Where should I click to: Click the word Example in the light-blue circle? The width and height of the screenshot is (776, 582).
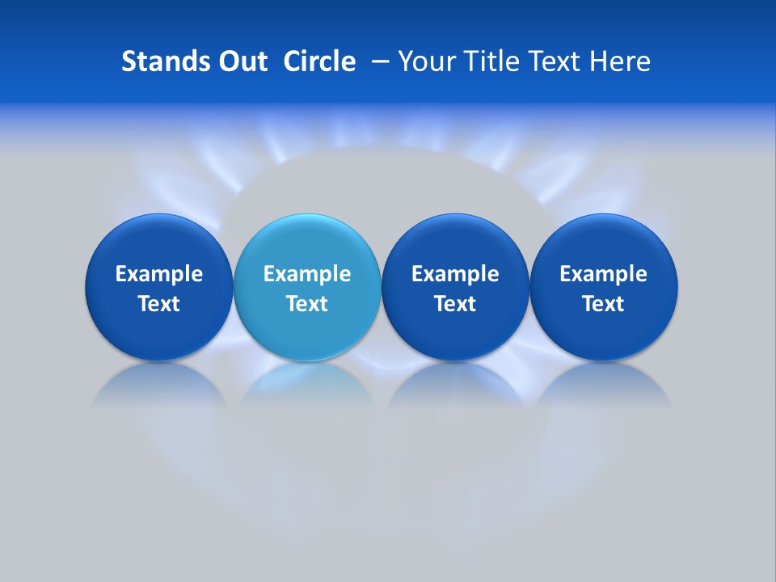click(307, 274)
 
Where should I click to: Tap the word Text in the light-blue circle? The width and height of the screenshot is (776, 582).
click(307, 304)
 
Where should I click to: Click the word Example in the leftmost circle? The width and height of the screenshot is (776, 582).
click(159, 274)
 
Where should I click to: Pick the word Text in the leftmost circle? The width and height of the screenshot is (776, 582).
click(159, 304)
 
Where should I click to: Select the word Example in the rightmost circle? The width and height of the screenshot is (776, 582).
click(603, 274)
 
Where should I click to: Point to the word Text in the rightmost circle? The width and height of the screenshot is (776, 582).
click(603, 304)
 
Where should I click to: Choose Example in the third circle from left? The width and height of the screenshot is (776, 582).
click(455, 274)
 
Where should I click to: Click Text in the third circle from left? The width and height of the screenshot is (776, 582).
click(455, 304)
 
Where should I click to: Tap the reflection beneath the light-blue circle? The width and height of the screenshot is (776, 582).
click(307, 385)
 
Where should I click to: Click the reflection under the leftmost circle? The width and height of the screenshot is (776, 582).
click(159, 385)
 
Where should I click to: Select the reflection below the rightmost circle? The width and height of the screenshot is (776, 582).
click(603, 385)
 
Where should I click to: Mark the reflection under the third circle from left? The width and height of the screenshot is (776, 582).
click(455, 385)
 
